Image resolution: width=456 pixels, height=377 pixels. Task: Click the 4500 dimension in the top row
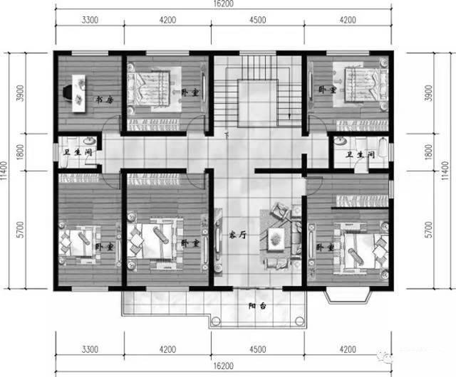258,21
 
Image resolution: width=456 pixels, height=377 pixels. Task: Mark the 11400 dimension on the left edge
6,171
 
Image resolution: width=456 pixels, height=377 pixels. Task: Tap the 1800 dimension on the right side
427,152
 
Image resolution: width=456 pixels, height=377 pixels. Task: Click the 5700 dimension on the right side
427,230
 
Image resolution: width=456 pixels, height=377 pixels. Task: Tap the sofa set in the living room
279,235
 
